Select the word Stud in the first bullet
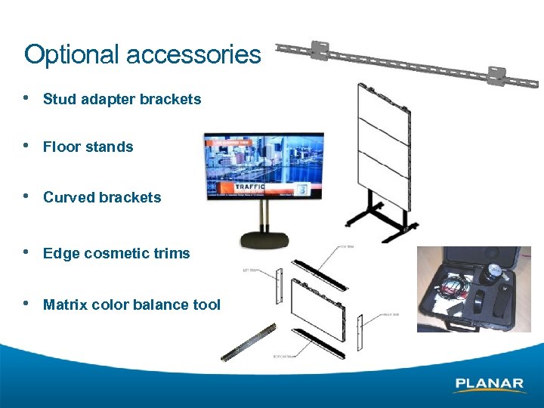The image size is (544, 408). pyautogui.click(x=57, y=99)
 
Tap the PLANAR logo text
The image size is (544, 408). pyautogui.click(x=489, y=384)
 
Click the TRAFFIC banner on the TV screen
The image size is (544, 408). pyautogui.click(x=249, y=187)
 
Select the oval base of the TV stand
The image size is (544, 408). pyautogui.click(x=264, y=241)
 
